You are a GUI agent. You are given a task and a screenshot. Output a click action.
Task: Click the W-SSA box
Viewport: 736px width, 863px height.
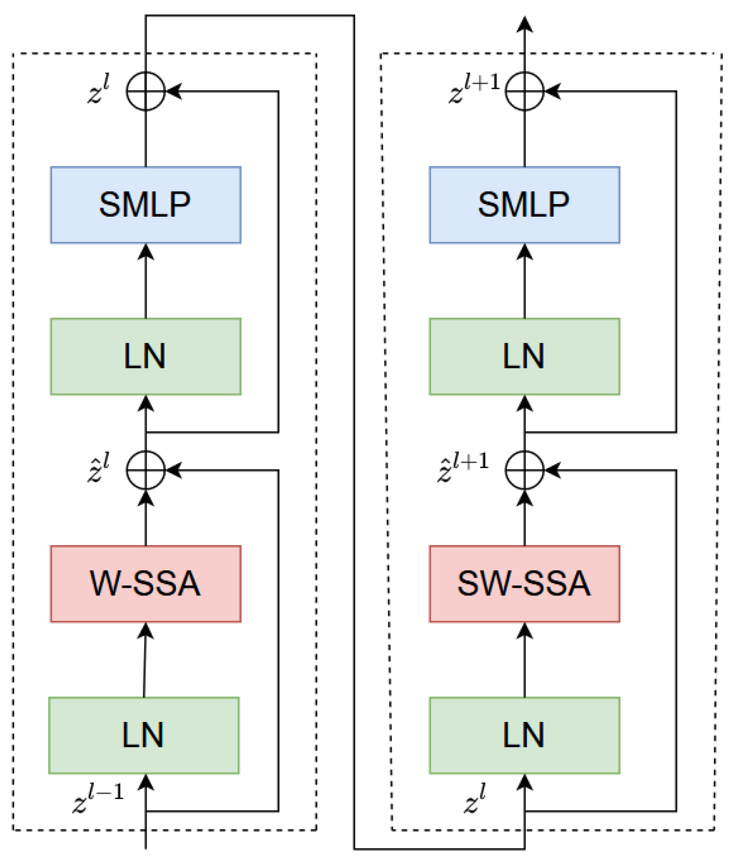[145, 583]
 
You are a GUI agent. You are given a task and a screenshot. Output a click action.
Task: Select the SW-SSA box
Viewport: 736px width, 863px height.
[524, 583]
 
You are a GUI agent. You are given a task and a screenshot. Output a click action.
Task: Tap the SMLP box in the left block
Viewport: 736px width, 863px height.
[145, 205]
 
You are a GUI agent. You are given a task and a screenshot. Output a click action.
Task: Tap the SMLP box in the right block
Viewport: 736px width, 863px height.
[524, 205]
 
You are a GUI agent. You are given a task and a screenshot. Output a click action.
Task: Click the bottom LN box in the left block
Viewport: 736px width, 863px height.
[144, 735]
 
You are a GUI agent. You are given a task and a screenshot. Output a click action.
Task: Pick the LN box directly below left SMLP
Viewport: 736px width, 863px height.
[145, 356]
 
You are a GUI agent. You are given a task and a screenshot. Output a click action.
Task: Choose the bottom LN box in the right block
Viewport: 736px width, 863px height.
[524, 735]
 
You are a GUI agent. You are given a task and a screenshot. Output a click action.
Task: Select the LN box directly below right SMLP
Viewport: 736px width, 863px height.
[524, 356]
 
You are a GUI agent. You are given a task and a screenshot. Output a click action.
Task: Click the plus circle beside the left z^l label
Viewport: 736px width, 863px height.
[146, 91]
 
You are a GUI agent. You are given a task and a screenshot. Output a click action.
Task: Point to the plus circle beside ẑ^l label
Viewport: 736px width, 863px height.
[146, 470]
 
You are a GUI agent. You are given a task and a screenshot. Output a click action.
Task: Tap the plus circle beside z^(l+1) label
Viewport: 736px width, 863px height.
[524, 91]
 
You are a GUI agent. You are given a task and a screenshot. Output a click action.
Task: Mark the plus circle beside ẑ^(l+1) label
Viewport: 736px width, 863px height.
[524, 470]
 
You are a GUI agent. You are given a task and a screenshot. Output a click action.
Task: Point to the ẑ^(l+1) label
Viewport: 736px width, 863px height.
[462, 468]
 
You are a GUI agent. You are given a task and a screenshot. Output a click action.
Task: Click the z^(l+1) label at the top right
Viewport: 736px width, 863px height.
[474, 89]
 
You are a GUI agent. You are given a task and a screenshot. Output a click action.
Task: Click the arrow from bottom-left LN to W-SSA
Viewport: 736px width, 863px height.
[145, 660]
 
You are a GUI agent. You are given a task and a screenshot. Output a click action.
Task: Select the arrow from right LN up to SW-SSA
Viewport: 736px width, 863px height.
[524, 660]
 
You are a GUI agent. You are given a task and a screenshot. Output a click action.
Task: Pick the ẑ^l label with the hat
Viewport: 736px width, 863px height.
[98, 468]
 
